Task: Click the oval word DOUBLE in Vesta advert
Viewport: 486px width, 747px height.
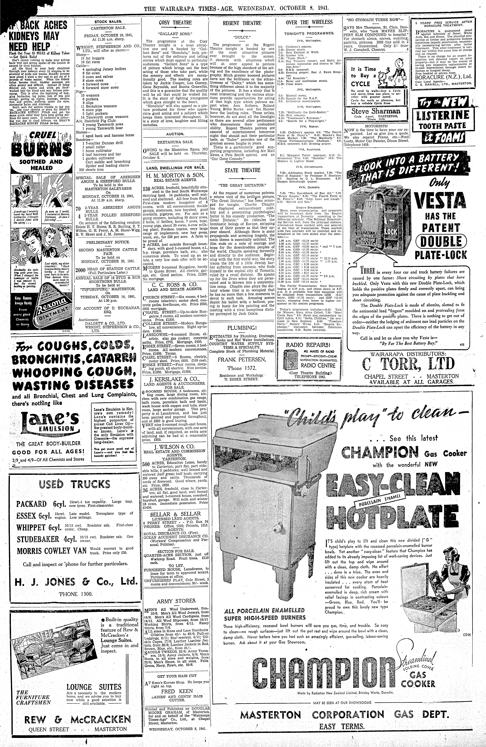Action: pos(441,241)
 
